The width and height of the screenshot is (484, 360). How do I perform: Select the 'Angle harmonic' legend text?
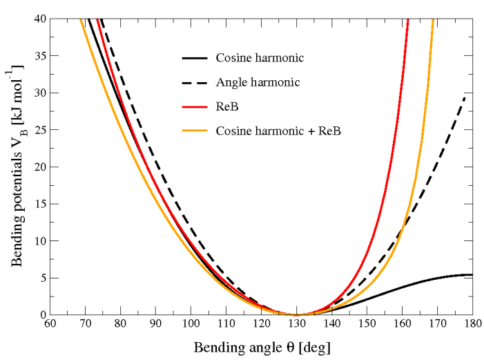point(258,82)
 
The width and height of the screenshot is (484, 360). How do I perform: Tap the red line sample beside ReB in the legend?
point(195,106)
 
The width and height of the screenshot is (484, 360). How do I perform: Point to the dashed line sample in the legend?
point(195,82)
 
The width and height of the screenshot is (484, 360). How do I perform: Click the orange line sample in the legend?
point(195,130)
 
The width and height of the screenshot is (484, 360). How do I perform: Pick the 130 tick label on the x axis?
point(296,323)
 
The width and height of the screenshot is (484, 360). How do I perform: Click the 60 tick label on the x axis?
point(50,323)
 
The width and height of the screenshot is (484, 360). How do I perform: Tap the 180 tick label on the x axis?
point(472,323)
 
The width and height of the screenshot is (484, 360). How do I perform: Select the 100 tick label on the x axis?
point(191,323)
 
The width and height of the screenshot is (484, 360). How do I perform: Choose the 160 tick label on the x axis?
point(402,323)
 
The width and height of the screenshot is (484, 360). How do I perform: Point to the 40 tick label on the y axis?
point(39,19)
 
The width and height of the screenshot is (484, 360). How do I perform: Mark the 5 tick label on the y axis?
point(42,278)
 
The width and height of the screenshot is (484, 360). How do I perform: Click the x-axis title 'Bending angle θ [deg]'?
point(262,345)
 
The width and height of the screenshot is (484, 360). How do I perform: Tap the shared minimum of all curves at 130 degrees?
point(297,314)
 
